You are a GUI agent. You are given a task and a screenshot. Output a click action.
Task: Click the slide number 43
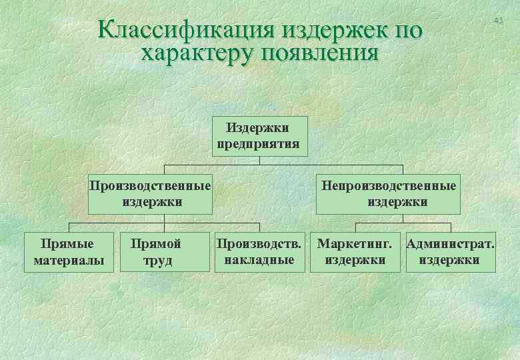[498, 22]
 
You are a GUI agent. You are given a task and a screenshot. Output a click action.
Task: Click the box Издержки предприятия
[260, 136]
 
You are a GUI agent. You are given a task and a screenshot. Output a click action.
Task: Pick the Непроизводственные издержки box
[389, 193]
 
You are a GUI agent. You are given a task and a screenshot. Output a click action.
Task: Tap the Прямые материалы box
[69, 252]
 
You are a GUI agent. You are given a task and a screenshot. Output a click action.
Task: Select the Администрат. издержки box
[451, 252]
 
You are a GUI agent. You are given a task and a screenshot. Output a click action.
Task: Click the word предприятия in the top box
[259, 144]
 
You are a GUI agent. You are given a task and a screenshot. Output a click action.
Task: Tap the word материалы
[69, 260]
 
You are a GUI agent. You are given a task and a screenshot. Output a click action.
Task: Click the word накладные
[259, 259]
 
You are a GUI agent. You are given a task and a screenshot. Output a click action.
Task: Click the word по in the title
[405, 30]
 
